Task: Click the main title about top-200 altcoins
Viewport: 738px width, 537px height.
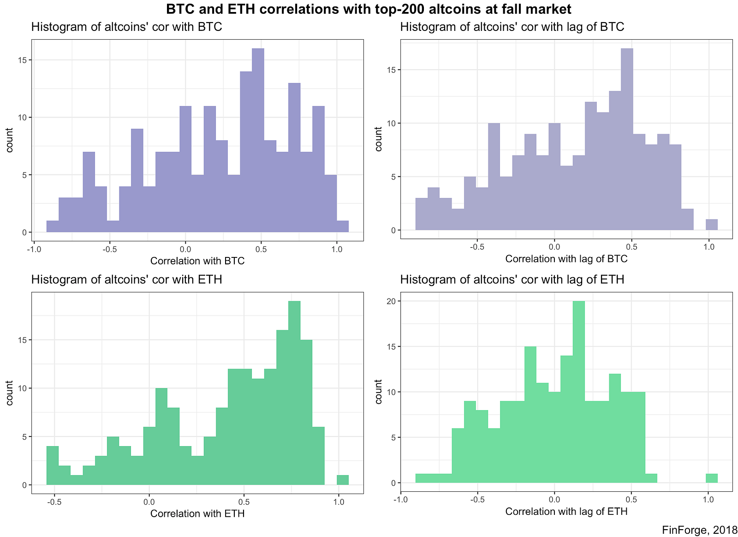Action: point(369,9)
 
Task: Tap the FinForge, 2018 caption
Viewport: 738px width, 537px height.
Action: point(699,531)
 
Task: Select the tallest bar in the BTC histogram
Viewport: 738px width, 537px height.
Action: point(258,138)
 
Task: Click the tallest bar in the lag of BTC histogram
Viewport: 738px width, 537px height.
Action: point(627,138)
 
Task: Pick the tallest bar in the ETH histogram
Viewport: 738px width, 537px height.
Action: point(294,392)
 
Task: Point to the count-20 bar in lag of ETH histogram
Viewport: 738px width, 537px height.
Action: point(578,392)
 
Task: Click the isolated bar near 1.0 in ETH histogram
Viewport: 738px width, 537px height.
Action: point(342,480)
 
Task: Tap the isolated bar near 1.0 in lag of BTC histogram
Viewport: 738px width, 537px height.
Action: point(712,225)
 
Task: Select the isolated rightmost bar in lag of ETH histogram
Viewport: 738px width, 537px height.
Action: point(712,478)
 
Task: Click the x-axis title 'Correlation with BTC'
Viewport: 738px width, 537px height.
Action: point(197,261)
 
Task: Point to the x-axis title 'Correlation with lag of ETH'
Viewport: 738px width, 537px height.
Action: point(566,511)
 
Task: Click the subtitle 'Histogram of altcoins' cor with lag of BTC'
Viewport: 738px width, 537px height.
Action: point(512,27)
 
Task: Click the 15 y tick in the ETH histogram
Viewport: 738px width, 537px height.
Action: point(23,340)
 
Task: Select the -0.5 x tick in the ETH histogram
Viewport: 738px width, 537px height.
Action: point(54,501)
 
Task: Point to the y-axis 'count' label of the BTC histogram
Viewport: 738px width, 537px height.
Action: point(10,140)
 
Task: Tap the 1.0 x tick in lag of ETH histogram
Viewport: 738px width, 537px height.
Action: point(708,499)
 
